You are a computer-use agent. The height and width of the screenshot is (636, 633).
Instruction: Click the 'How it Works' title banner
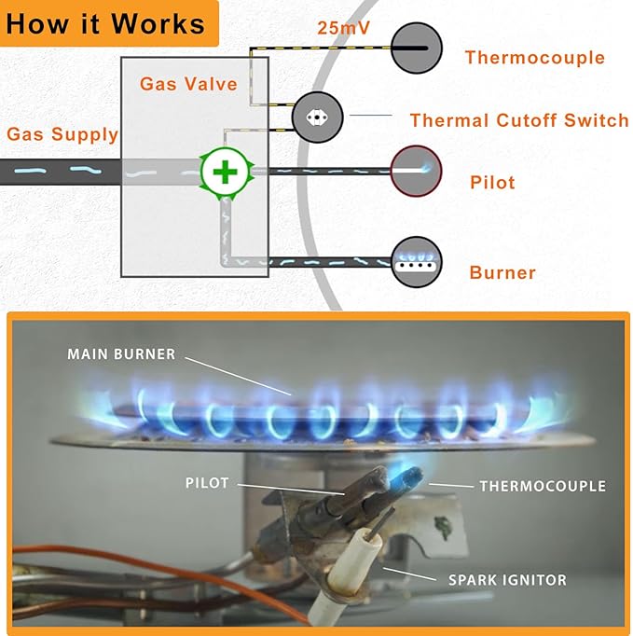pos(106,23)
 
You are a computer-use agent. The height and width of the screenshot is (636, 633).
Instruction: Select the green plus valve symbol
pos(224,172)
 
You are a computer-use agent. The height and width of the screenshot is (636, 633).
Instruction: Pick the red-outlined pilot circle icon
pos(416,171)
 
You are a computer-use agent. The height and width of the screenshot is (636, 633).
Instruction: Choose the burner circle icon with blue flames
pos(416,261)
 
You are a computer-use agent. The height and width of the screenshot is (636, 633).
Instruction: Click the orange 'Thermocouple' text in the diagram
pos(534,58)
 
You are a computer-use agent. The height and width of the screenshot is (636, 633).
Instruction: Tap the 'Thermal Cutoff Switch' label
pos(519,120)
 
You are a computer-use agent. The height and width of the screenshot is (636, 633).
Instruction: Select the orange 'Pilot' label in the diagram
pos(492,183)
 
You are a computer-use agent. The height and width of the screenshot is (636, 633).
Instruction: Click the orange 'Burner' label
pos(502,273)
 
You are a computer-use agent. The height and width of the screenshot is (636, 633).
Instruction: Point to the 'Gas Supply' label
pos(62,134)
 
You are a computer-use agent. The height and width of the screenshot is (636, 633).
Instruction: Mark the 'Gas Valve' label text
pos(188,84)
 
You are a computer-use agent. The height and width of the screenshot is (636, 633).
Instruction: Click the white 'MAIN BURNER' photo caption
pos(121,354)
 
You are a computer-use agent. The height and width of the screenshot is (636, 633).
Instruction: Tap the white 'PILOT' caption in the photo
pos(207,484)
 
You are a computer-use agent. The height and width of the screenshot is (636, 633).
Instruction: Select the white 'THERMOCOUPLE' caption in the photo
pos(542,486)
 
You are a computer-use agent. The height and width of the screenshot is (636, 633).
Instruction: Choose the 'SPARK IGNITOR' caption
pos(507,580)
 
